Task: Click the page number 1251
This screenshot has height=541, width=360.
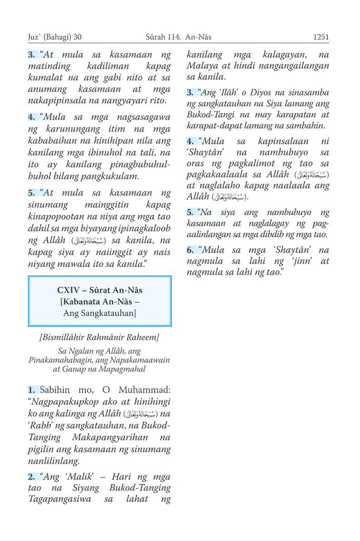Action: pos(320,37)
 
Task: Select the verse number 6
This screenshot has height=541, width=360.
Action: pos(190,249)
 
